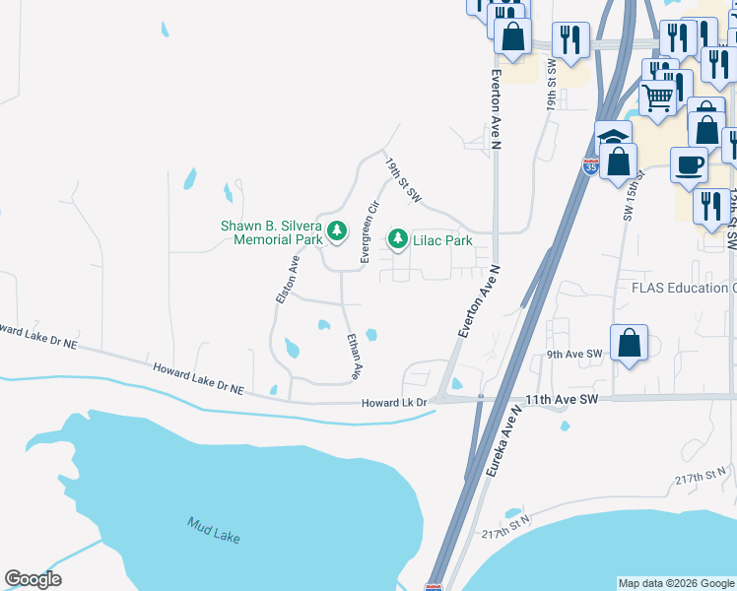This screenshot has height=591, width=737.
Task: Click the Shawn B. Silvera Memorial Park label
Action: tap(271, 232)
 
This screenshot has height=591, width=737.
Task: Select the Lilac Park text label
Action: tap(443, 240)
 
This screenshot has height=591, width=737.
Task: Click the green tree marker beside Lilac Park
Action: tap(398, 237)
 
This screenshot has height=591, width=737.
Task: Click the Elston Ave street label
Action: tap(287, 279)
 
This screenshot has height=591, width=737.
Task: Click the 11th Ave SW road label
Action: tap(563, 400)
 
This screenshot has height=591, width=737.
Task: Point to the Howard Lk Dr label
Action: tap(393, 402)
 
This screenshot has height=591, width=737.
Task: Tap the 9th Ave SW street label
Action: tap(573, 354)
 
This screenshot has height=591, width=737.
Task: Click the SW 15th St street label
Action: tap(633, 195)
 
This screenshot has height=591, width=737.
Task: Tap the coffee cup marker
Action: tap(689, 164)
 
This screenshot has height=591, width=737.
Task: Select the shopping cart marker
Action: tap(657, 98)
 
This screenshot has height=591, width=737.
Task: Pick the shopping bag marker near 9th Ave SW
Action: tap(629, 344)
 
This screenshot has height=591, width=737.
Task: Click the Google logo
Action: tap(33, 579)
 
